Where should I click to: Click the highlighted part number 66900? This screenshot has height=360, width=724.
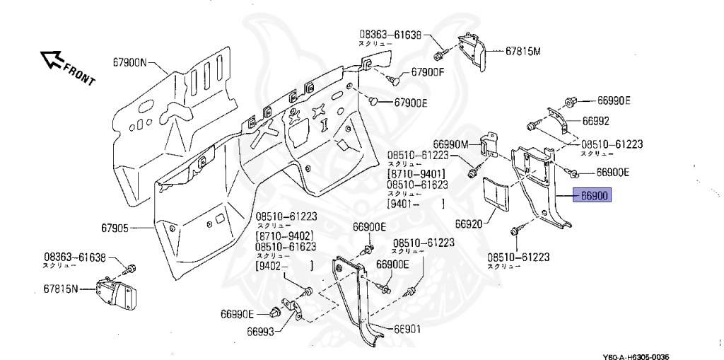pos(594,196)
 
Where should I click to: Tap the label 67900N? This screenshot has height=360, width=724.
pos(129,62)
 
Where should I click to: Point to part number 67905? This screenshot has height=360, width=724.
pos(115,228)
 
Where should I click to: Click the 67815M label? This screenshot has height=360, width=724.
pos(522,52)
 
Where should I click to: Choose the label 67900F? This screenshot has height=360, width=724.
pos(428,73)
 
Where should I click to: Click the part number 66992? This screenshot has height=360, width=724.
pos(596,121)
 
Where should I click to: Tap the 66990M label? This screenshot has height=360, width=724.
pos(451,144)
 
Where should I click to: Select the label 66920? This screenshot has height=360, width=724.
pos(468,223)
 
